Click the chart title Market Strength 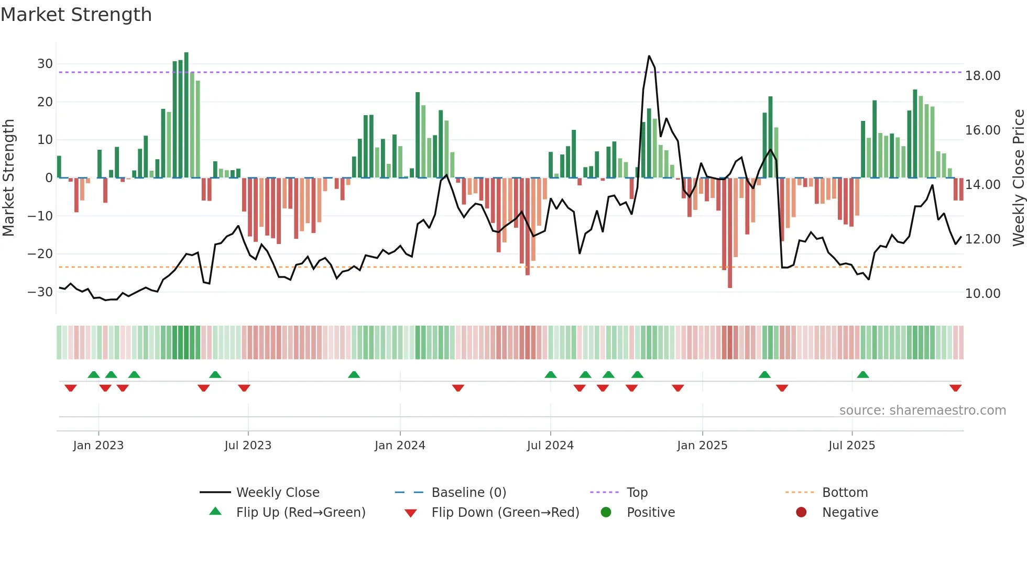click(76, 15)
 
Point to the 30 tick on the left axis click(45, 64)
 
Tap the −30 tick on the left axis click(41, 292)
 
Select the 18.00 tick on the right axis click(982, 76)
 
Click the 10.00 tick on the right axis click(982, 294)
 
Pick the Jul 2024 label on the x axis click(550, 446)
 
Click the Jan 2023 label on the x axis click(99, 446)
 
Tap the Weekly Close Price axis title click(1018, 178)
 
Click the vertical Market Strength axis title click(8, 178)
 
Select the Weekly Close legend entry click(278, 493)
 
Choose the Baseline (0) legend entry click(468, 493)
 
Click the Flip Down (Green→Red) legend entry click(505, 513)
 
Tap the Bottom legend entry click(845, 493)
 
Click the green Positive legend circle click(606, 513)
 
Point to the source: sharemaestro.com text click(922, 410)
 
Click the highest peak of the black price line click(649, 56)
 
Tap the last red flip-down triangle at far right click(955, 388)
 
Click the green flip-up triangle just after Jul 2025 click(863, 374)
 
